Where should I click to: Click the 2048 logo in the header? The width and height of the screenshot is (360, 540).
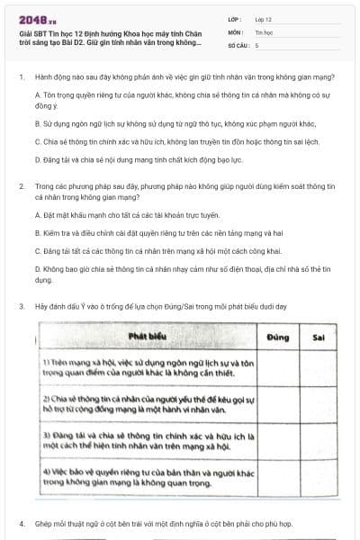[34, 18]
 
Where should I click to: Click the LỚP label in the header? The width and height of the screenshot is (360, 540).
[236, 18]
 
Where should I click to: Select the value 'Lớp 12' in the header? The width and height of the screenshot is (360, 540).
[263, 18]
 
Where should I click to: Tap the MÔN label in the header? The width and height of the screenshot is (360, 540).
[237, 31]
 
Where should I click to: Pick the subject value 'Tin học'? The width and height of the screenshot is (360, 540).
[264, 31]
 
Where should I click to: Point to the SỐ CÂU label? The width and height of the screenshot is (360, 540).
[238, 43]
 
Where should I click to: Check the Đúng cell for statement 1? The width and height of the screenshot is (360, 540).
[277, 365]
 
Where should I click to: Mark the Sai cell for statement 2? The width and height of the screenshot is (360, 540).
[318, 400]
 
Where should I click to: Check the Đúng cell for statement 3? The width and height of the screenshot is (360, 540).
[277, 438]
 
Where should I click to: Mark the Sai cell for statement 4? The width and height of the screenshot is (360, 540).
[318, 474]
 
